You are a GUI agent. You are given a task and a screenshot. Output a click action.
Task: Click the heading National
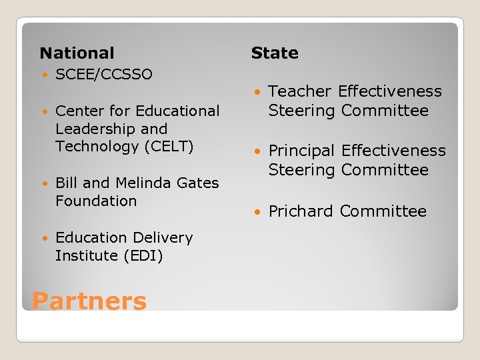[77, 53]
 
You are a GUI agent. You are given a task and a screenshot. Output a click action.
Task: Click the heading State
[275, 53]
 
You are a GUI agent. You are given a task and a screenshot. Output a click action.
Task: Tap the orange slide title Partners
[89, 301]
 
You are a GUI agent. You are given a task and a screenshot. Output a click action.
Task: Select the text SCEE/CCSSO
[104, 74]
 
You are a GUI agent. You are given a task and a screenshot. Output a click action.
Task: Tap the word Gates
[197, 183]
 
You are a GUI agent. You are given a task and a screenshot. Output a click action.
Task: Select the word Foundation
[96, 201]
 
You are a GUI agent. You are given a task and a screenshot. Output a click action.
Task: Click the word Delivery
[161, 237]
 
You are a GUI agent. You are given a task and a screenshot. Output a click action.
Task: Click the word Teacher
[300, 91]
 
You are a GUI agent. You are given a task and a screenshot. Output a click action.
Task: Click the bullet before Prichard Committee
[258, 212]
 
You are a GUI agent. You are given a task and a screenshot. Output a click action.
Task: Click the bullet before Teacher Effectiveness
[258, 92]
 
